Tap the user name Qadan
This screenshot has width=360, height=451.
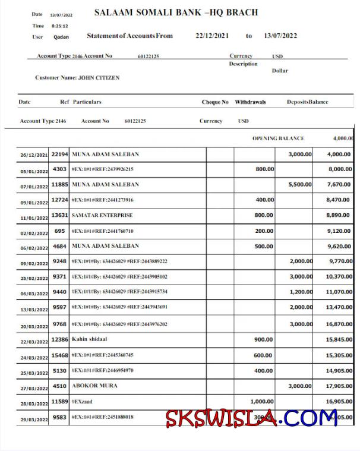click(x=61, y=37)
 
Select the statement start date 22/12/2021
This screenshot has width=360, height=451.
click(x=212, y=36)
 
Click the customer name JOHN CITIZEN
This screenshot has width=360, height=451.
click(x=99, y=78)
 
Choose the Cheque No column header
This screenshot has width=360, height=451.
click(x=215, y=102)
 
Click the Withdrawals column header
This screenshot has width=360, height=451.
click(x=250, y=102)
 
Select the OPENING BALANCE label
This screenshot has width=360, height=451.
click(x=278, y=138)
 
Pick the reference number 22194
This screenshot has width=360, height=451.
click(x=59, y=154)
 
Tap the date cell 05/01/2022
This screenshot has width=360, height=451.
click(x=34, y=170)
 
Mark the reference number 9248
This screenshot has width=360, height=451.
click(x=59, y=261)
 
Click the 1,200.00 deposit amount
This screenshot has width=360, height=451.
click(x=300, y=292)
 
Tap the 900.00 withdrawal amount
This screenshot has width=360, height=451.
click(x=264, y=339)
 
